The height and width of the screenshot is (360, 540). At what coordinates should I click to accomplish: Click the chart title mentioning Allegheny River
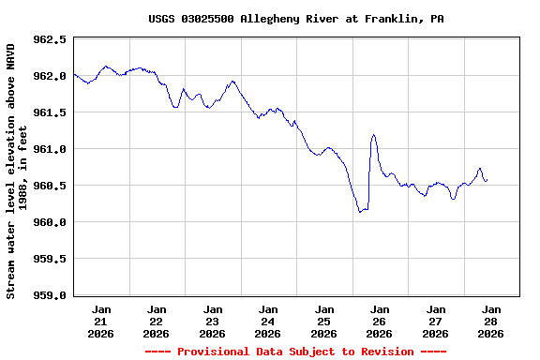pos(295,19)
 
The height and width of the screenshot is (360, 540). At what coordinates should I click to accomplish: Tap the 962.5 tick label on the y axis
pos(49,40)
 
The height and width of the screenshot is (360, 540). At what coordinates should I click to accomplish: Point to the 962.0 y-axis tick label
pos(49,77)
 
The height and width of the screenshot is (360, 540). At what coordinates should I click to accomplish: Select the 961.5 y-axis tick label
pos(49,113)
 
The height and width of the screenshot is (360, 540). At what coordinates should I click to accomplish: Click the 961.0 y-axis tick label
pos(49,150)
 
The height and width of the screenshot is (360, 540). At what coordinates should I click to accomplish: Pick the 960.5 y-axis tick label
pos(49,186)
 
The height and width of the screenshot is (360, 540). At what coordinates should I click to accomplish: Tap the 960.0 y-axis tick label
pos(49,222)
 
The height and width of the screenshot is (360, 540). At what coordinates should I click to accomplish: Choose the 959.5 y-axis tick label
pos(49,259)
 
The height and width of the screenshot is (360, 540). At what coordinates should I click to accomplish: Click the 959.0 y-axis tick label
pos(49,295)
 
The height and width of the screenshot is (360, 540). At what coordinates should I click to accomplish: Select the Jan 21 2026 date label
pos(101,321)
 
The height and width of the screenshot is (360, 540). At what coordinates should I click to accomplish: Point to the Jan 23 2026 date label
pos(213,321)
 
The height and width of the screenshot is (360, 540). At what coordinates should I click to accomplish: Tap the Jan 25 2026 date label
pos(323,321)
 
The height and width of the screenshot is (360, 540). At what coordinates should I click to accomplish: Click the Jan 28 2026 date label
pos(490,321)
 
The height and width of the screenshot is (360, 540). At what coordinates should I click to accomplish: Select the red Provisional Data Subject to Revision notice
pos(295,352)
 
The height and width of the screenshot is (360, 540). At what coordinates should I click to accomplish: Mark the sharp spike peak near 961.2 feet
pos(373,135)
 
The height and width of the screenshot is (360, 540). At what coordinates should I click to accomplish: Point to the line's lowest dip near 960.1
pos(360,212)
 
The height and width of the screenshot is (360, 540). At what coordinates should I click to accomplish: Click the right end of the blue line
pos(487,180)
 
